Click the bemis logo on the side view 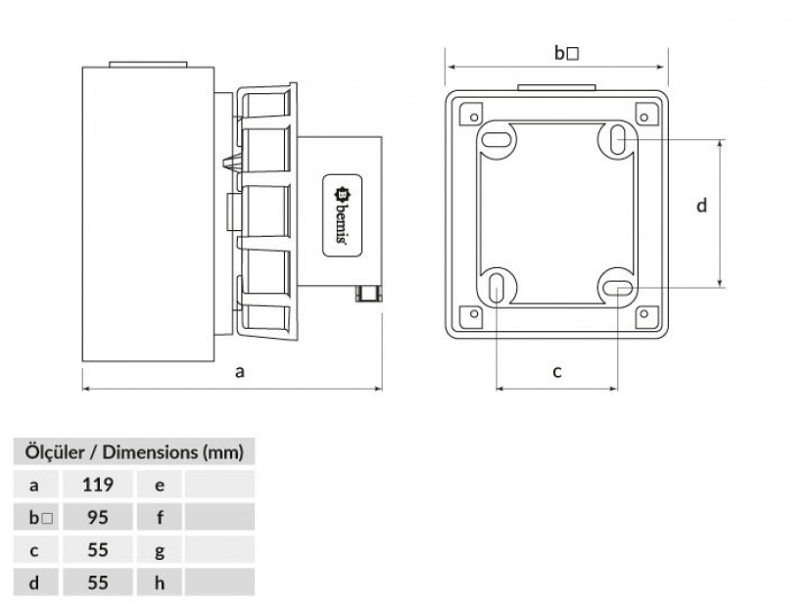pyautogui.click(x=342, y=215)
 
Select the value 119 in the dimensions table pyautogui.click(x=96, y=484)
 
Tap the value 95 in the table pyautogui.click(x=96, y=516)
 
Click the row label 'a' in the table pyautogui.click(x=34, y=484)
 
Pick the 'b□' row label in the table pyautogui.click(x=37, y=516)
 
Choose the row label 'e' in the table pyautogui.click(x=160, y=484)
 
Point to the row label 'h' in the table pyautogui.click(x=160, y=583)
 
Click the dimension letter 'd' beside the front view pyautogui.click(x=701, y=206)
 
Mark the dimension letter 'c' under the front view pyautogui.click(x=556, y=371)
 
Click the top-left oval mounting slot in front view pyautogui.click(x=499, y=138)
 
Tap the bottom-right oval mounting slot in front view pyautogui.click(x=618, y=287)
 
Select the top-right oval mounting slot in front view pyautogui.click(x=619, y=140)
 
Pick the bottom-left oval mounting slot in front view pyautogui.click(x=497, y=287)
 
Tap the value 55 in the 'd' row pyautogui.click(x=96, y=583)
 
